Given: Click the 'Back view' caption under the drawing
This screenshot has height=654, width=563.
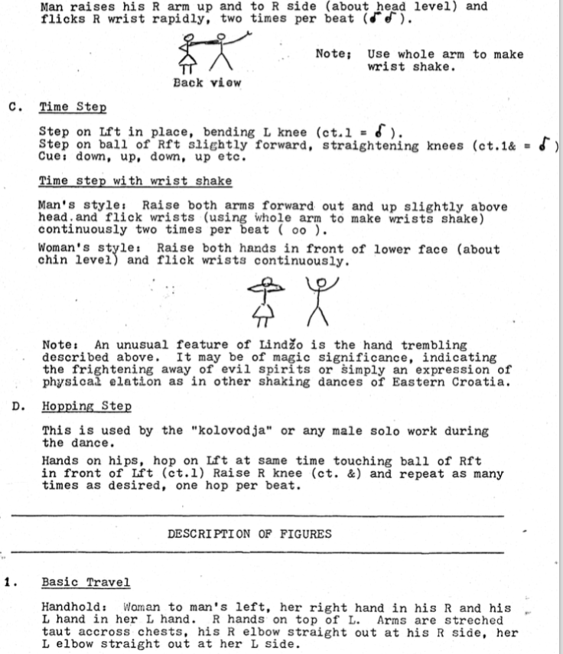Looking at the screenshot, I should (x=207, y=83).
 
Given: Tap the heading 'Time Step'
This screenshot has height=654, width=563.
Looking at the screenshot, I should (x=73, y=108).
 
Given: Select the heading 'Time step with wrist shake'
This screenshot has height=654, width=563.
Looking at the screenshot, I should (x=135, y=181).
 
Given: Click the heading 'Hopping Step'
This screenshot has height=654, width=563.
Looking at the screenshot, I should (x=86, y=406).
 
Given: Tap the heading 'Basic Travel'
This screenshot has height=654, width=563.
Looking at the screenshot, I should (x=86, y=582).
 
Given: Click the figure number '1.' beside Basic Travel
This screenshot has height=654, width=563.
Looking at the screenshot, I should (x=9, y=582).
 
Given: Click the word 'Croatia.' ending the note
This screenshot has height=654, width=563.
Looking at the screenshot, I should (x=483, y=382).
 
